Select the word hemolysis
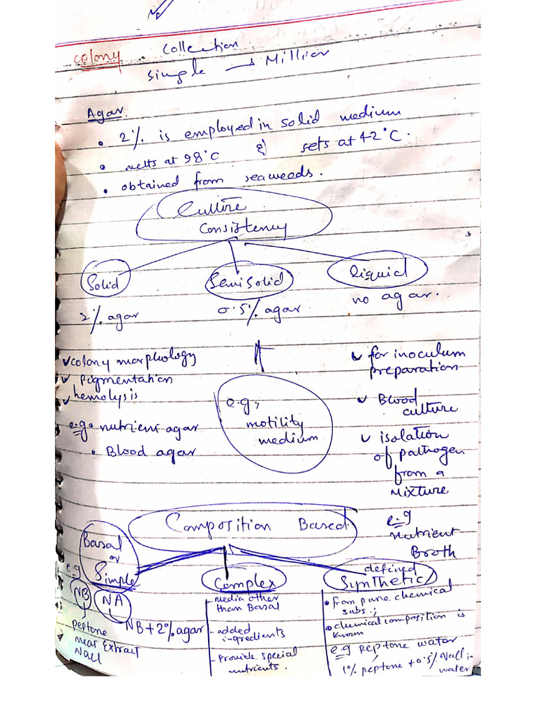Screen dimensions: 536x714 (105, 396)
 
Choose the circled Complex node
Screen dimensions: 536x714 (242, 582)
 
